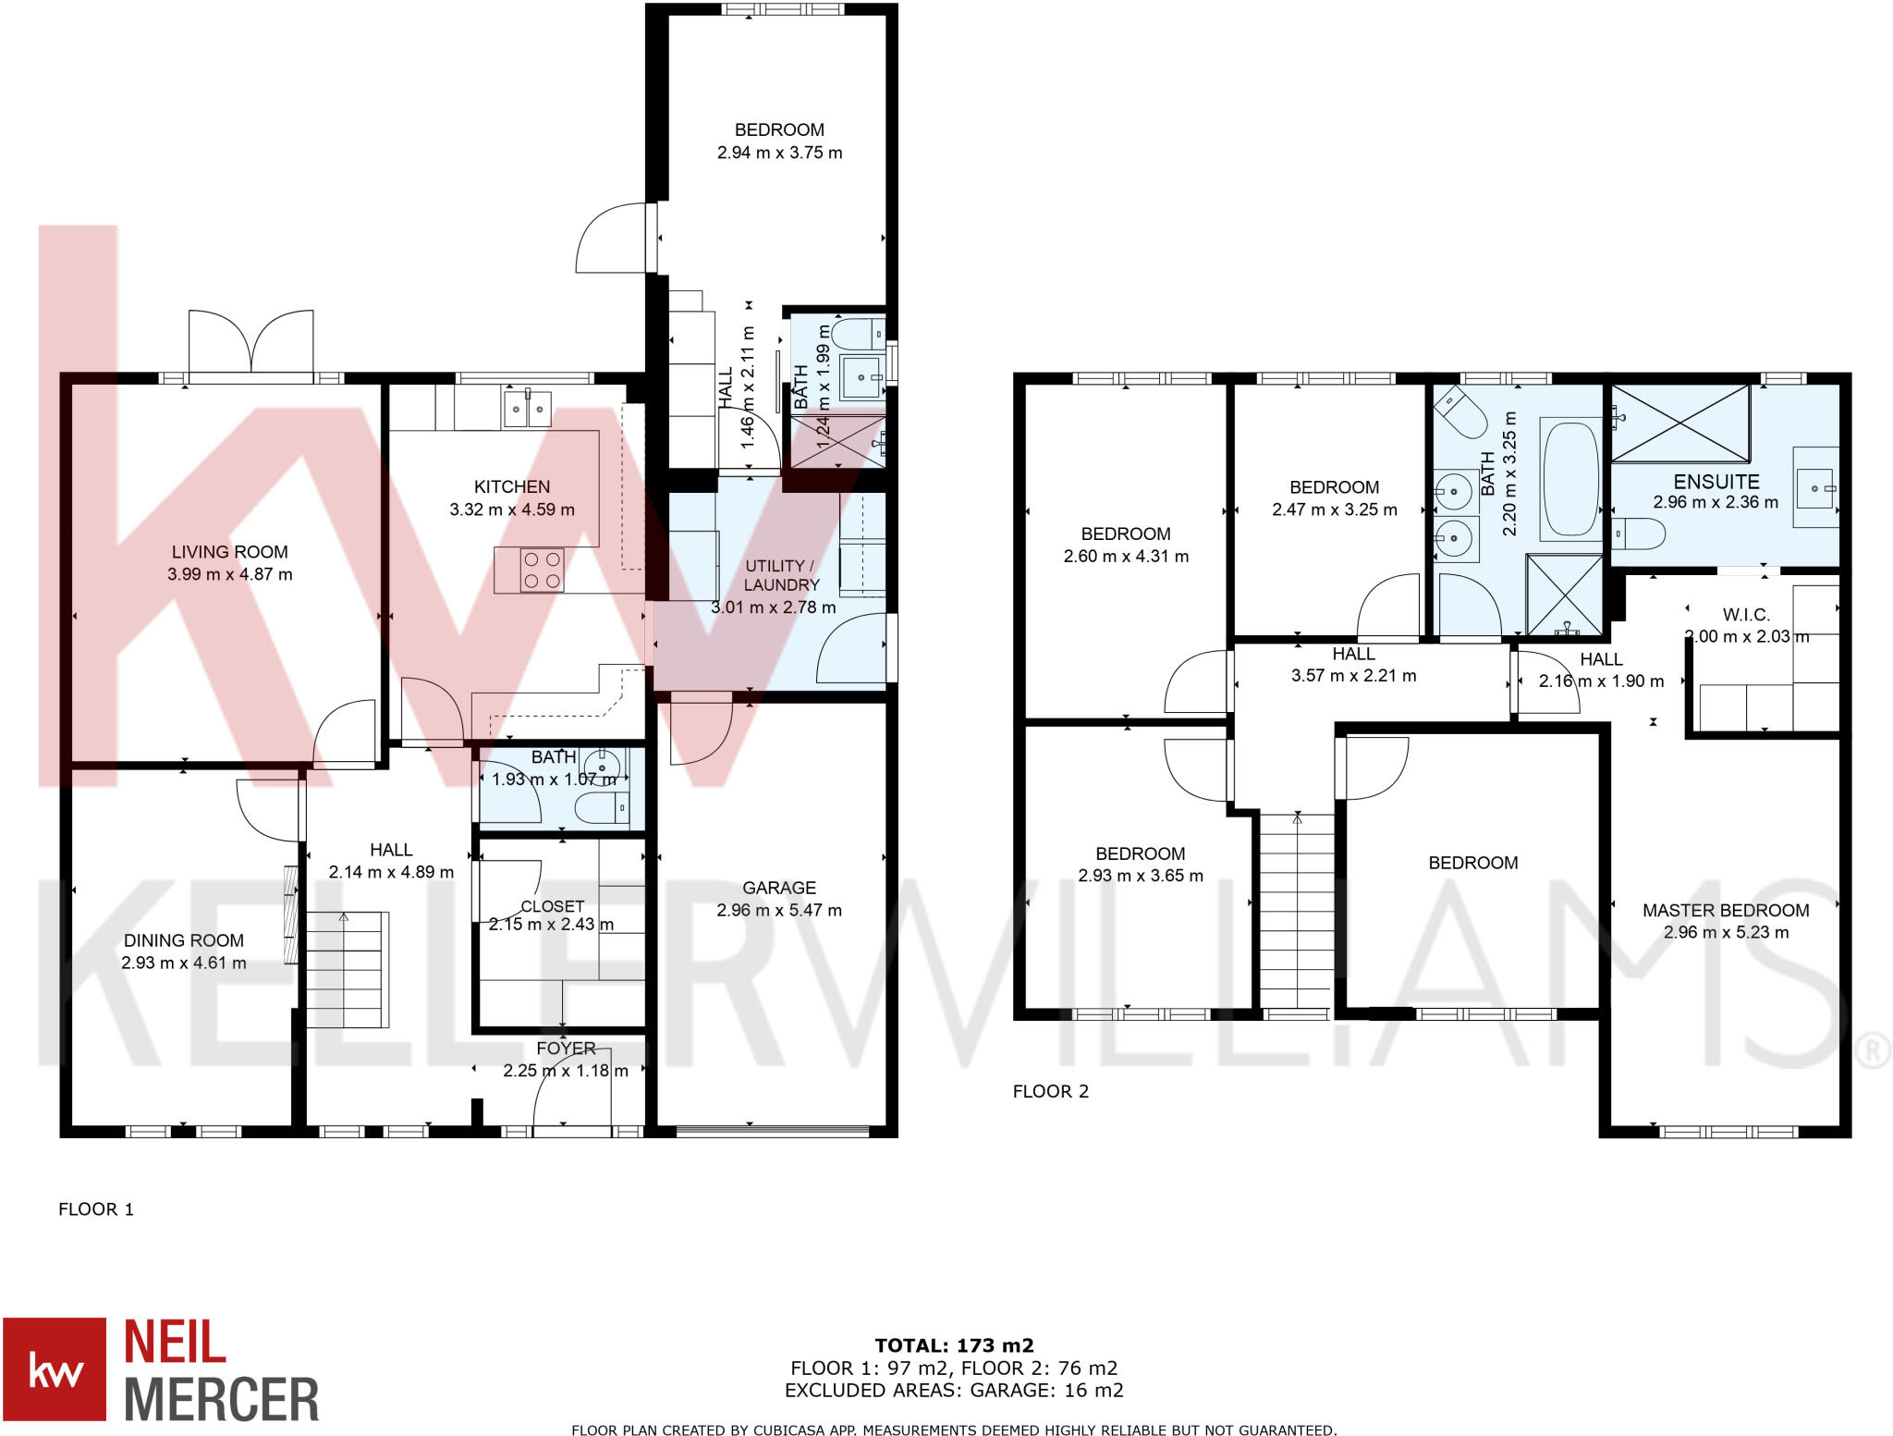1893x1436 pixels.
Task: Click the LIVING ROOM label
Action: tap(229, 552)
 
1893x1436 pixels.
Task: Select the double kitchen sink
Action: tap(526, 408)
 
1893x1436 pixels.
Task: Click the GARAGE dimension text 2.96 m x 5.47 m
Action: tap(779, 910)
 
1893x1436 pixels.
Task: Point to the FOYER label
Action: tap(566, 1049)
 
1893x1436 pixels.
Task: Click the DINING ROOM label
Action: tap(184, 940)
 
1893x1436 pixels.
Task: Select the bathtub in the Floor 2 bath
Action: tap(1569, 480)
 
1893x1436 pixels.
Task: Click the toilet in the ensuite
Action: tap(1639, 534)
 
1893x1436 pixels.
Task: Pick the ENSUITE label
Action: tap(1716, 482)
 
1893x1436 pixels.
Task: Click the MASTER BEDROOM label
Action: tap(1726, 910)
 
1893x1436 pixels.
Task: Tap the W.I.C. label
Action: tap(1746, 615)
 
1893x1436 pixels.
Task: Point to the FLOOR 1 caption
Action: tap(96, 1209)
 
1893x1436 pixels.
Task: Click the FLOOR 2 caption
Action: tap(1050, 1091)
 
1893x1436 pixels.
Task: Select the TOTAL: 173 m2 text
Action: tap(954, 1345)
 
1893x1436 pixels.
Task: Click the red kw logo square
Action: tap(55, 1368)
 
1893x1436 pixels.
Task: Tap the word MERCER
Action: tap(222, 1399)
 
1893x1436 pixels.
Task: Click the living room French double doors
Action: tap(250, 341)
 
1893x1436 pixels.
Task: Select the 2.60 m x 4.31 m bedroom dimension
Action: tap(1126, 556)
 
